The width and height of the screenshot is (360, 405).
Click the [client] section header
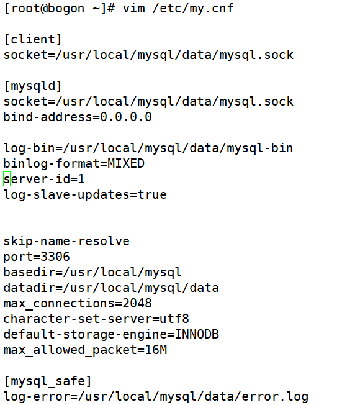click(33, 40)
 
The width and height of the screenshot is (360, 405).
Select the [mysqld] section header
click(33, 86)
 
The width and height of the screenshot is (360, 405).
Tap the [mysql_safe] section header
click(48, 381)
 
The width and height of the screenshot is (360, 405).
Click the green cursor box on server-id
click(7, 179)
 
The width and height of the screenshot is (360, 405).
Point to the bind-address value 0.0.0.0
click(126, 117)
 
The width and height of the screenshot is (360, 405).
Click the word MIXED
click(126, 164)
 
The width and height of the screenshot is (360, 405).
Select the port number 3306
click(55, 257)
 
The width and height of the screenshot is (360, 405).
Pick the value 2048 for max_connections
click(137, 304)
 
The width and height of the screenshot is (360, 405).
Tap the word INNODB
click(197, 334)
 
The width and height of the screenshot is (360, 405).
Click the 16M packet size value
click(156, 350)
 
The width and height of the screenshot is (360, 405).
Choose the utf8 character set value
click(174, 319)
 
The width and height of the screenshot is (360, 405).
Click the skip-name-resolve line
click(66, 242)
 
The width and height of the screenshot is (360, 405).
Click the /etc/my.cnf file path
click(193, 9)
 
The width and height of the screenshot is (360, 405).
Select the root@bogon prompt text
click(48, 9)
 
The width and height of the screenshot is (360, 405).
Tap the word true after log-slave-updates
click(152, 195)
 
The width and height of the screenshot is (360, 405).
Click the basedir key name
click(29, 272)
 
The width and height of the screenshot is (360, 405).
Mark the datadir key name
click(29, 288)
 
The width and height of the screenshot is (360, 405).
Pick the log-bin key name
click(29, 148)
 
